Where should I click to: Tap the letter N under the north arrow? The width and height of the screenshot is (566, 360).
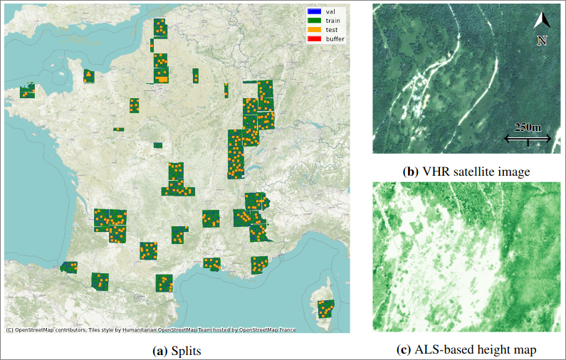tap(542, 41)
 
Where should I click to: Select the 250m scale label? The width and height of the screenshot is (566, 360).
tap(528, 127)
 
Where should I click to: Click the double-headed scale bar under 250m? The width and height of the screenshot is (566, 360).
tap(528, 139)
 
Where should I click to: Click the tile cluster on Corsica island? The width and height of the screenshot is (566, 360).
tap(325, 309)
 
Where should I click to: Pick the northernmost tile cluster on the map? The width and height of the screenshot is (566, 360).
tap(160, 28)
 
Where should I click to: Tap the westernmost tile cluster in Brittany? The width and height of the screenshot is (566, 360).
tap(27, 91)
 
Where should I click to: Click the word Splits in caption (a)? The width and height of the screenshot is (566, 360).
tap(186, 350)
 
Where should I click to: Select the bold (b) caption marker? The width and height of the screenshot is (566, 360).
tap(411, 171)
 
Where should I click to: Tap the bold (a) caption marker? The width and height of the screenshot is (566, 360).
tap(161, 350)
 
